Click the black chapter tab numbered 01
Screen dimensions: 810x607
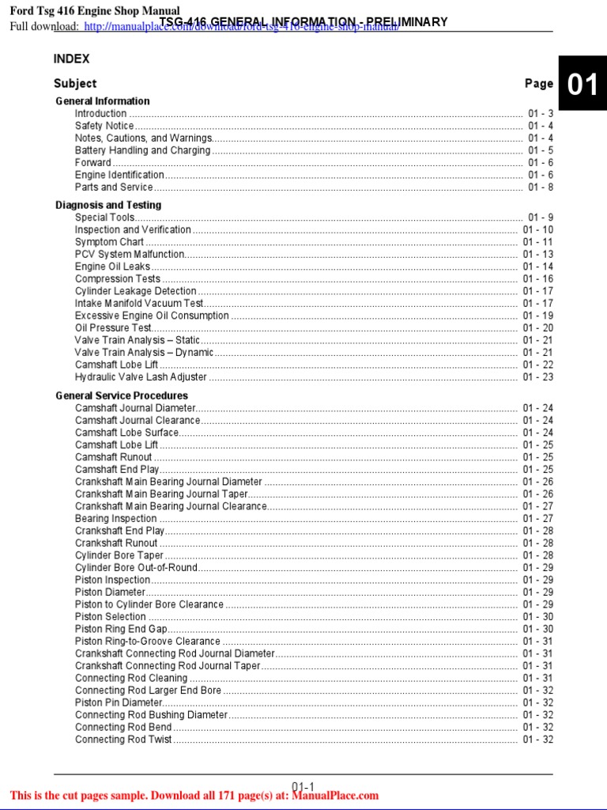[x=582, y=85]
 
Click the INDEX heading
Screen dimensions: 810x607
[x=71, y=59]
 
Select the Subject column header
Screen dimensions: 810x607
[x=75, y=83]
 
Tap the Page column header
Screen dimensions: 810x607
[x=539, y=83]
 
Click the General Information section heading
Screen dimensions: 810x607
[x=102, y=101]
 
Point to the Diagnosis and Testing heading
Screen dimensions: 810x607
[x=108, y=205]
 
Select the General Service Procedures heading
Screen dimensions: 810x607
[x=122, y=396]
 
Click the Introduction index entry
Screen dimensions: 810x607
[x=100, y=114]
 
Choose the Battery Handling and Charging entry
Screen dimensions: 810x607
[x=142, y=150]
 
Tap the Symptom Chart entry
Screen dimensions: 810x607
[x=109, y=242]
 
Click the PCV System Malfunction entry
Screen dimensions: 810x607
[x=130, y=255]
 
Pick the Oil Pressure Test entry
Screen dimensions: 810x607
[x=113, y=327]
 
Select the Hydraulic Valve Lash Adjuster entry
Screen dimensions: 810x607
[x=141, y=377]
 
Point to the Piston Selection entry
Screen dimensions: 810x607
[x=110, y=617]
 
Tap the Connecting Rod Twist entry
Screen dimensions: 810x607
[x=123, y=740]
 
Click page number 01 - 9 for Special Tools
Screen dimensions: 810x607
[x=541, y=218]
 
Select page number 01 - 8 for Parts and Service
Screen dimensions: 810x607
[x=541, y=187]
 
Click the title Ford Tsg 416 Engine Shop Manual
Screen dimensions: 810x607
[x=94, y=10]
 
